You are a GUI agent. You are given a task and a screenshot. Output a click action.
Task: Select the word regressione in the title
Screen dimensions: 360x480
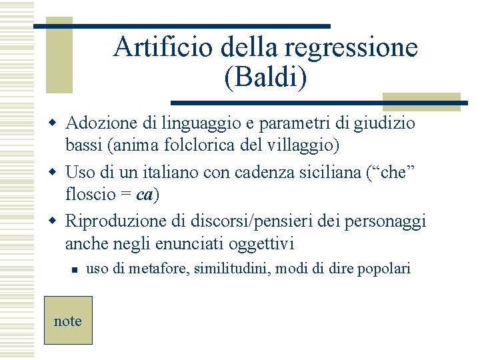351,47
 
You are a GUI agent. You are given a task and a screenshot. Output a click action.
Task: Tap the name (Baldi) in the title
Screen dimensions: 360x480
266,77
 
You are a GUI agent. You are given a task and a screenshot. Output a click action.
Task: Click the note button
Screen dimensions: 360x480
68,321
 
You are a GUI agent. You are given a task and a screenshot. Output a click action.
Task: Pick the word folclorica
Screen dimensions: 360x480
188,143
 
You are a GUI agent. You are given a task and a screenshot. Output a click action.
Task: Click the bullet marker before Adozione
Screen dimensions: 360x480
57,124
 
